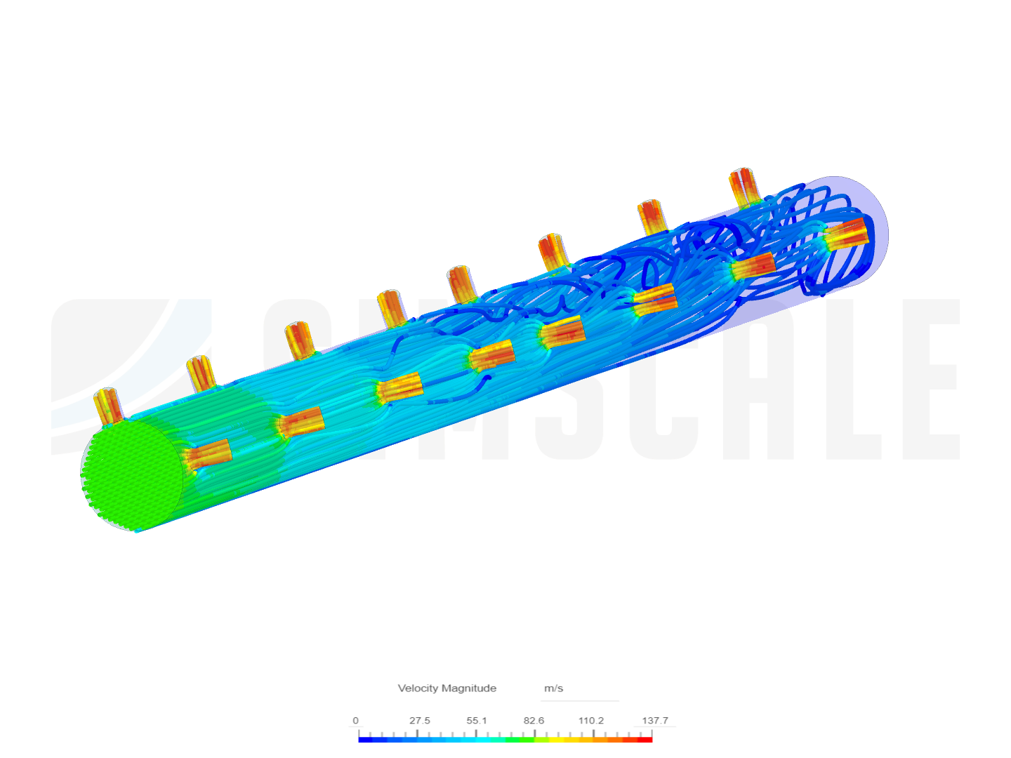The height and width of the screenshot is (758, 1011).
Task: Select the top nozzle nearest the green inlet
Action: click(x=107, y=406)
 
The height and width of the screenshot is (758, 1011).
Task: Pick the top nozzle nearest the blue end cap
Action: click(x=742, y=185)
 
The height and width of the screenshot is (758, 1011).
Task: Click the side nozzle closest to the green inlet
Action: click(x=209, y=454)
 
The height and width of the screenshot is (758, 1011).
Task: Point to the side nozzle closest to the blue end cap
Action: click(x=846, y=234)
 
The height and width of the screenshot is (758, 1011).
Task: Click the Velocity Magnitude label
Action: click(x=447, y=688)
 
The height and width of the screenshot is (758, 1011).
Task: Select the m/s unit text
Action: click(x=553, y=688)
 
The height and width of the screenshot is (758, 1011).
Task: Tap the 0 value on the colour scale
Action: click(x=355, y=720)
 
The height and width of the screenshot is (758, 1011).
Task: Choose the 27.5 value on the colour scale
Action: click(x=419, y=720)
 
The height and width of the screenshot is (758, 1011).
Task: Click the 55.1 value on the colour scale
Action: click(x=477, y=720)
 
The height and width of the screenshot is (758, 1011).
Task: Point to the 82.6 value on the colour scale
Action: click(x=534, y=720)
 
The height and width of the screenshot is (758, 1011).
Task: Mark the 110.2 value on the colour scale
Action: click(x=591, y=720)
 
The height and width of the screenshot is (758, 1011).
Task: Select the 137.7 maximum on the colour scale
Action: click(x=654, y=720)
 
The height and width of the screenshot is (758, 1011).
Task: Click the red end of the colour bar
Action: click(x=647, y=739)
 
